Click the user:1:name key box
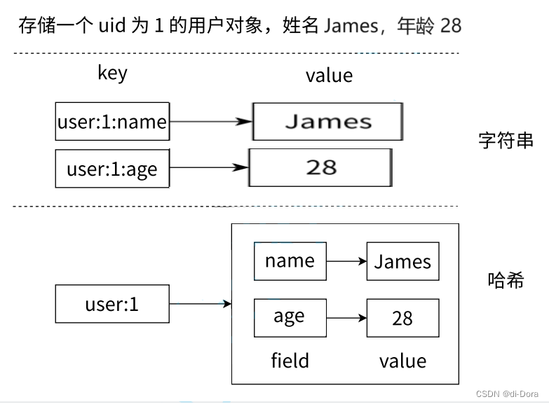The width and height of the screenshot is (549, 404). coord(112,122)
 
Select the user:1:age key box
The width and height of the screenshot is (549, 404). coord(112,169)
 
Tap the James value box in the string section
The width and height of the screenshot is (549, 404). coord(327,122)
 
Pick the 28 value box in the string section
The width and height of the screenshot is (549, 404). coord(320,167)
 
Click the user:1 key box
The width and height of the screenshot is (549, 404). coord(112,304)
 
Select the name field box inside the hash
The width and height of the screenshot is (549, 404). coord(290,261)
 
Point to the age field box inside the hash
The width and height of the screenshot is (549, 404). coord(290,317)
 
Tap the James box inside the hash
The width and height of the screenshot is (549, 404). coord(402,262)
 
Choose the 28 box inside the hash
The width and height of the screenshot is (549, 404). coord(402,318)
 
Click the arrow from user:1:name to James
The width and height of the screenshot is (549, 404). coord(210,122)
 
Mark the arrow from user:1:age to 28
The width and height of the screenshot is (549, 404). coord(209,168)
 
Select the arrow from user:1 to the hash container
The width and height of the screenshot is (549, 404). coord(200,304)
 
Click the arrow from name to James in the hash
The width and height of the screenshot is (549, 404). coord(346,262)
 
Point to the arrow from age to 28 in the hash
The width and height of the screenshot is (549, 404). coord(346,318)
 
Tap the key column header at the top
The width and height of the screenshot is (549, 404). coord(112,73)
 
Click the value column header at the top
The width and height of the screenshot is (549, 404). coord(329,75)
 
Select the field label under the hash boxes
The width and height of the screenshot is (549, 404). coord(290,361)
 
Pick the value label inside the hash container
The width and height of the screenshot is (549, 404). coord(402,361)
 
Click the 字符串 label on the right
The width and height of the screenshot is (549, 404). coord(506,140)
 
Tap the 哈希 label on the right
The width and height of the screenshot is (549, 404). coord(506,281)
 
